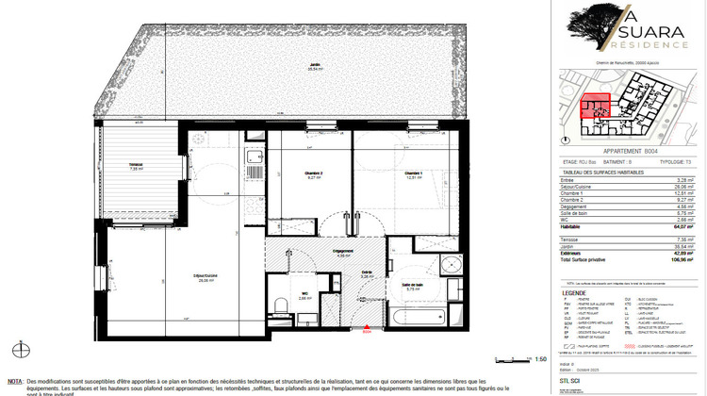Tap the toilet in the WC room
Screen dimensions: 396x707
[282, 304]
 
